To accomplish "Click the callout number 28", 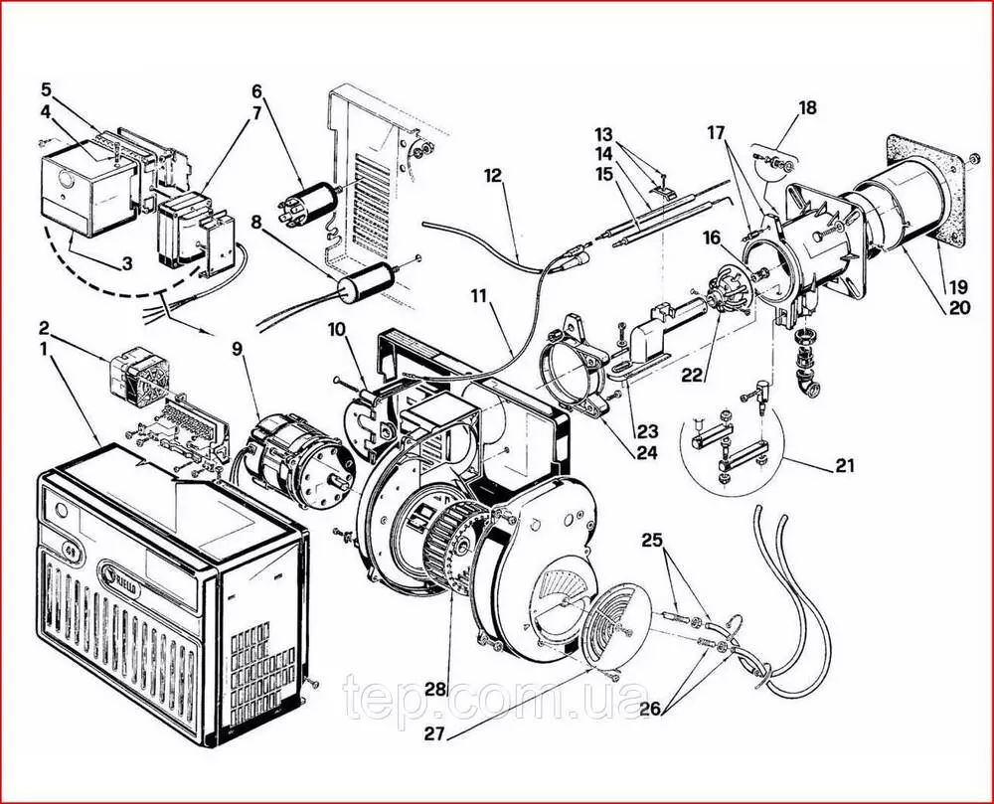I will pos(434,688).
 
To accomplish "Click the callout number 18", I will pos(807,107).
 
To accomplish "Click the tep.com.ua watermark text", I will pos(497,699).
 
